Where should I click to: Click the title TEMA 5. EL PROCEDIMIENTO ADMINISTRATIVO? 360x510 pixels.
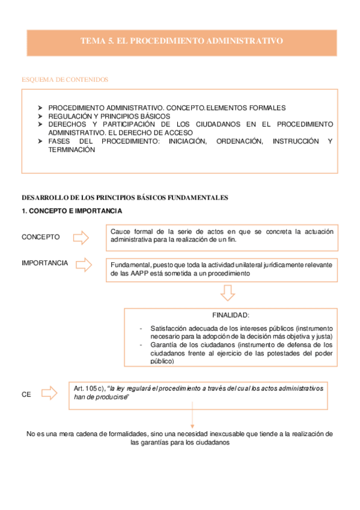point(182,41)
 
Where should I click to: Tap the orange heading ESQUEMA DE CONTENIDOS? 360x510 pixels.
point(65,79)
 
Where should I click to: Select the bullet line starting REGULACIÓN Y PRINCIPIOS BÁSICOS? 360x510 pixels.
point(109,116)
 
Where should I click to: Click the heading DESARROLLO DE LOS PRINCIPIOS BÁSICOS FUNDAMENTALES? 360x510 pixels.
point(125,197)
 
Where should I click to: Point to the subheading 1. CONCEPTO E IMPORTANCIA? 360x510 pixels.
point(72,211)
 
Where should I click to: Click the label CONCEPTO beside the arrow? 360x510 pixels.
point(41,237)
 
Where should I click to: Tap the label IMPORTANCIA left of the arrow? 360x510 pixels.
point(44,263)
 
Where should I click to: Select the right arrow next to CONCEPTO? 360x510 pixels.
point(81,238)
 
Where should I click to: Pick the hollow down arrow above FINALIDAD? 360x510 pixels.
point(227,293)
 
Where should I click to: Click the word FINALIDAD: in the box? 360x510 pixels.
point(230,315)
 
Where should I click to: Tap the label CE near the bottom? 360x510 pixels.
point(26,395)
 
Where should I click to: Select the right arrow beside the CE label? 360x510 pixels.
point(49,395)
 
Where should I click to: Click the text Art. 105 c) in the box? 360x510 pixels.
point(88,389)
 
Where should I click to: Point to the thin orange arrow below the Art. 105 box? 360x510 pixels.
point(192,417)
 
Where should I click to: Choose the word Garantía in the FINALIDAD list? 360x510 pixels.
point(164,345)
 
